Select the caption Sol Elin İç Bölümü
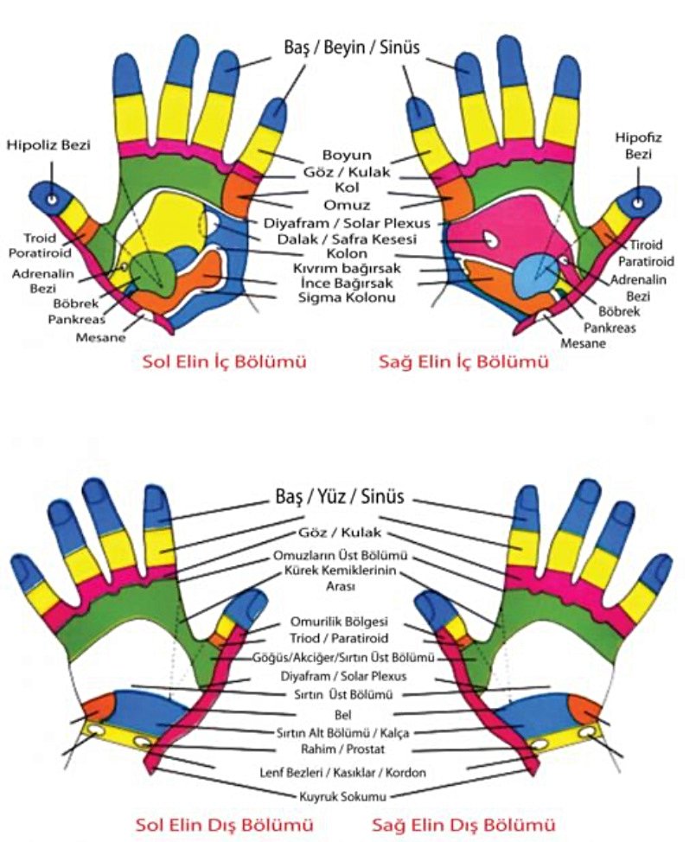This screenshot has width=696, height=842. click(x=224, y=363)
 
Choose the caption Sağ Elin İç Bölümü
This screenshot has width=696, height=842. click(x=463, y=363)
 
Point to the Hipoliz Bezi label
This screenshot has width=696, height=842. click(x=48, y=144)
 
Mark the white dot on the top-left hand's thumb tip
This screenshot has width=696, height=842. click(x=52, y=200)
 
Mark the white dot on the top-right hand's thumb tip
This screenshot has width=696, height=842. click(x=639, y=203)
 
